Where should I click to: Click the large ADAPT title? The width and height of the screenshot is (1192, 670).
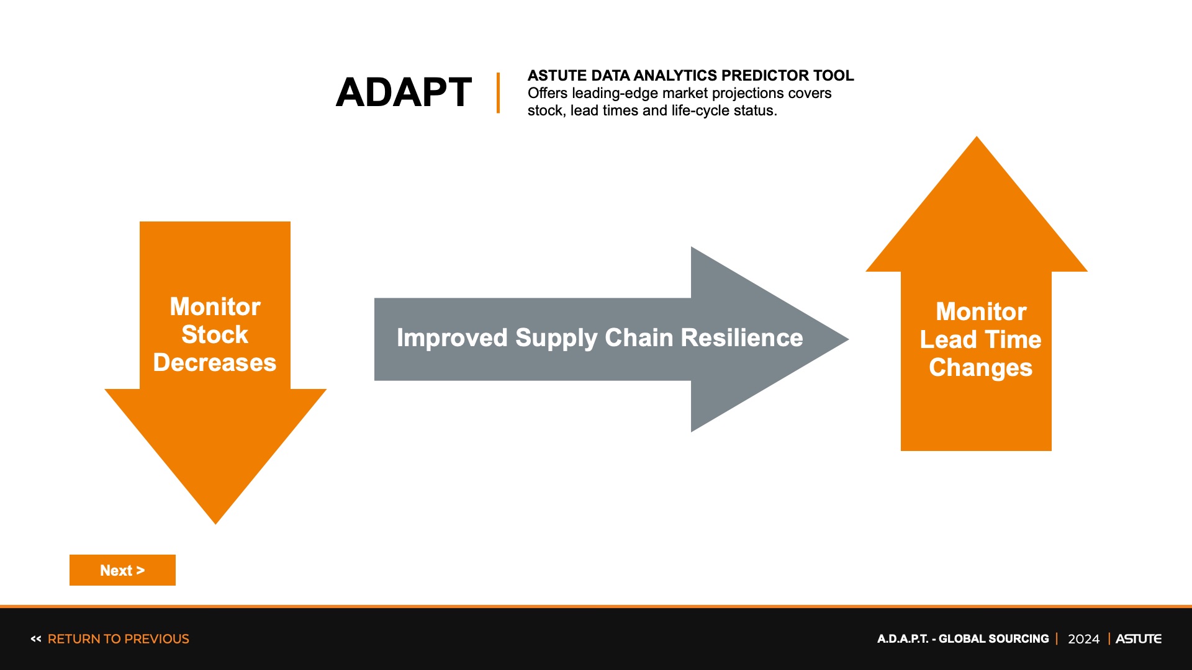click(x=404, y=92)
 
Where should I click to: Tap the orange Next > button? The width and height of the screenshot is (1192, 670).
click(x=122, y=570)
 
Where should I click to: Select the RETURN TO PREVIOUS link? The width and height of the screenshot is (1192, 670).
click(x=118, y=639)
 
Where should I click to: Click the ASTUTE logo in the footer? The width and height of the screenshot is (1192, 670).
click(x=1138, y=639)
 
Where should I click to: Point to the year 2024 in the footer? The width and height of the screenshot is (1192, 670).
click(x=1083, y=639)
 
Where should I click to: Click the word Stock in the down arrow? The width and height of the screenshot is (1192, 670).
click(x=215, y=334)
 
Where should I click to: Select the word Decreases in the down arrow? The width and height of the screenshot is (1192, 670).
click(x=215, y=362)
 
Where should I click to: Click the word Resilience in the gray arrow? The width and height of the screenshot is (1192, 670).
click(x=742, y=338)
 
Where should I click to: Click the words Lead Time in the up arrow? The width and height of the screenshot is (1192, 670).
click(x=980, y=339)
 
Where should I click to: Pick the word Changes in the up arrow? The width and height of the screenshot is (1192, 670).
click(x=980, y=368)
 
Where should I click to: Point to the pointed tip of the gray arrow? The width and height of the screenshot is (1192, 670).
click(x=848, y=339)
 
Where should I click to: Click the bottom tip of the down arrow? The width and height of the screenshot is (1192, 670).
click(x=215, y=524)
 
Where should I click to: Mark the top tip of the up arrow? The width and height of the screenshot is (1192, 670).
click(x=977, y=137)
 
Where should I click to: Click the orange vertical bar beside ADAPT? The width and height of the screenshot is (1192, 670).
click(x=498, y=93)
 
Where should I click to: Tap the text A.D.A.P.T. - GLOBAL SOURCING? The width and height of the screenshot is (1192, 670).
click(x=963, y=639)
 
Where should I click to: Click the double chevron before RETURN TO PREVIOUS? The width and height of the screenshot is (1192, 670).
click(x=36, y=639)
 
